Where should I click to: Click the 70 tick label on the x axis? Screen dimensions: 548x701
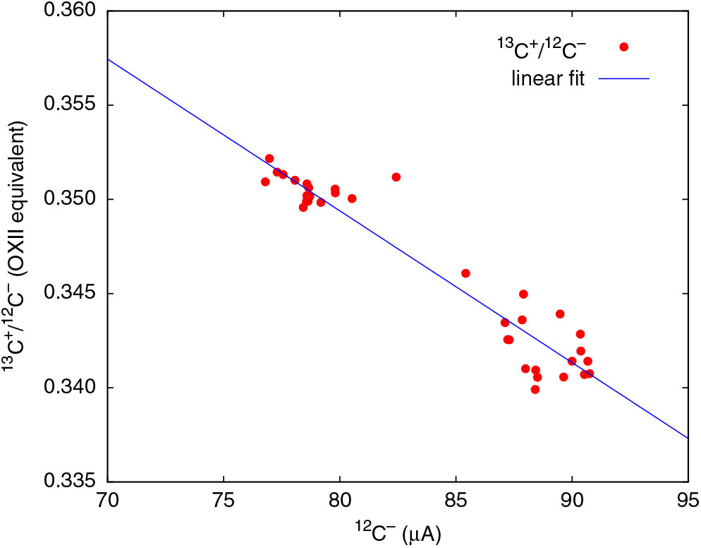[107, 501]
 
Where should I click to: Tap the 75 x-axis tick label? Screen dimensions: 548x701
[224, 501]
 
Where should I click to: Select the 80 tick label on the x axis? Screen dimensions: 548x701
[339, 501]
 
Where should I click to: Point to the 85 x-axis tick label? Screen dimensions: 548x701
[456, 501]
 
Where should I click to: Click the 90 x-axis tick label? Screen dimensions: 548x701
[572, 501]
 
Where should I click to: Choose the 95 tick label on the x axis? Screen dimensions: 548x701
[688, 501]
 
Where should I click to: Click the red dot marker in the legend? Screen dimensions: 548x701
[623, 47]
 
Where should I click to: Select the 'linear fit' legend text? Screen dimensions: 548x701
[548, 78]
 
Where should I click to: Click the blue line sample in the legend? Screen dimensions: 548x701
[623, 78]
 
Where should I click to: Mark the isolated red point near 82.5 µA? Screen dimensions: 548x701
[396, 177]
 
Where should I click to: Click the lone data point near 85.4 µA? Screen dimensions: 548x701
[465, 273]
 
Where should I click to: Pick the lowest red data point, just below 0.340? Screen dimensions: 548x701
[535, 389]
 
